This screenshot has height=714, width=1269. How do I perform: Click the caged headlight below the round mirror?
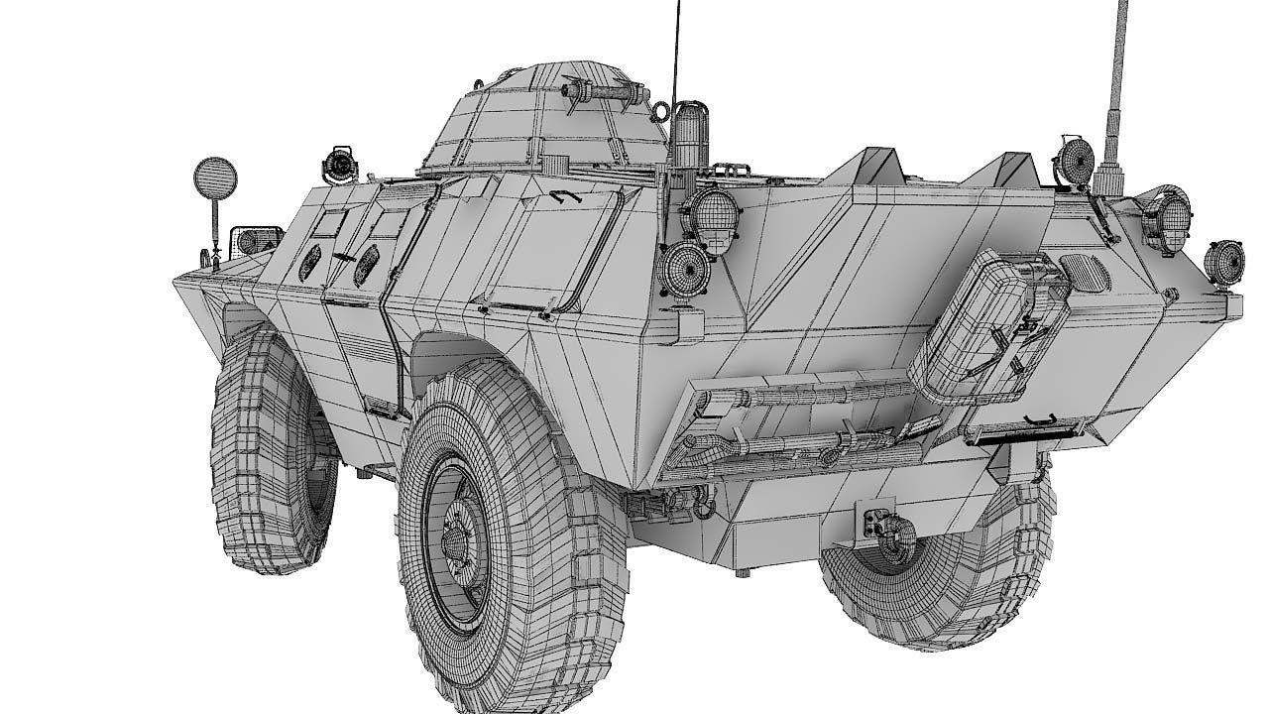249,241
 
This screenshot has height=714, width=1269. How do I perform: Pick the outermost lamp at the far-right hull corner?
1224,261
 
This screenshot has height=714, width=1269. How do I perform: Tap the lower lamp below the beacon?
685,271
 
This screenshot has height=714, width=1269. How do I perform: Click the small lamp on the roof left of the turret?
341,164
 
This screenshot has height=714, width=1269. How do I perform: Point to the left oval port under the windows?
310,260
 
